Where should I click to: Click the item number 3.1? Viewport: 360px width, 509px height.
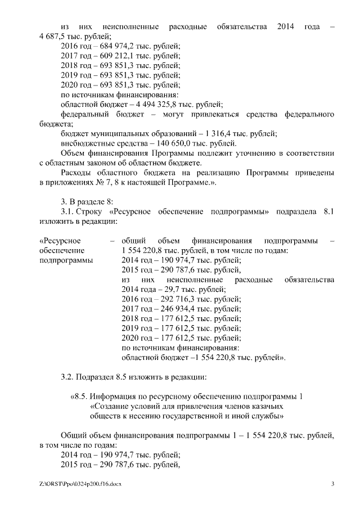pos(69,211)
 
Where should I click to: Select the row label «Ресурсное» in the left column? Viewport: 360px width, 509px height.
pos(58,241)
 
